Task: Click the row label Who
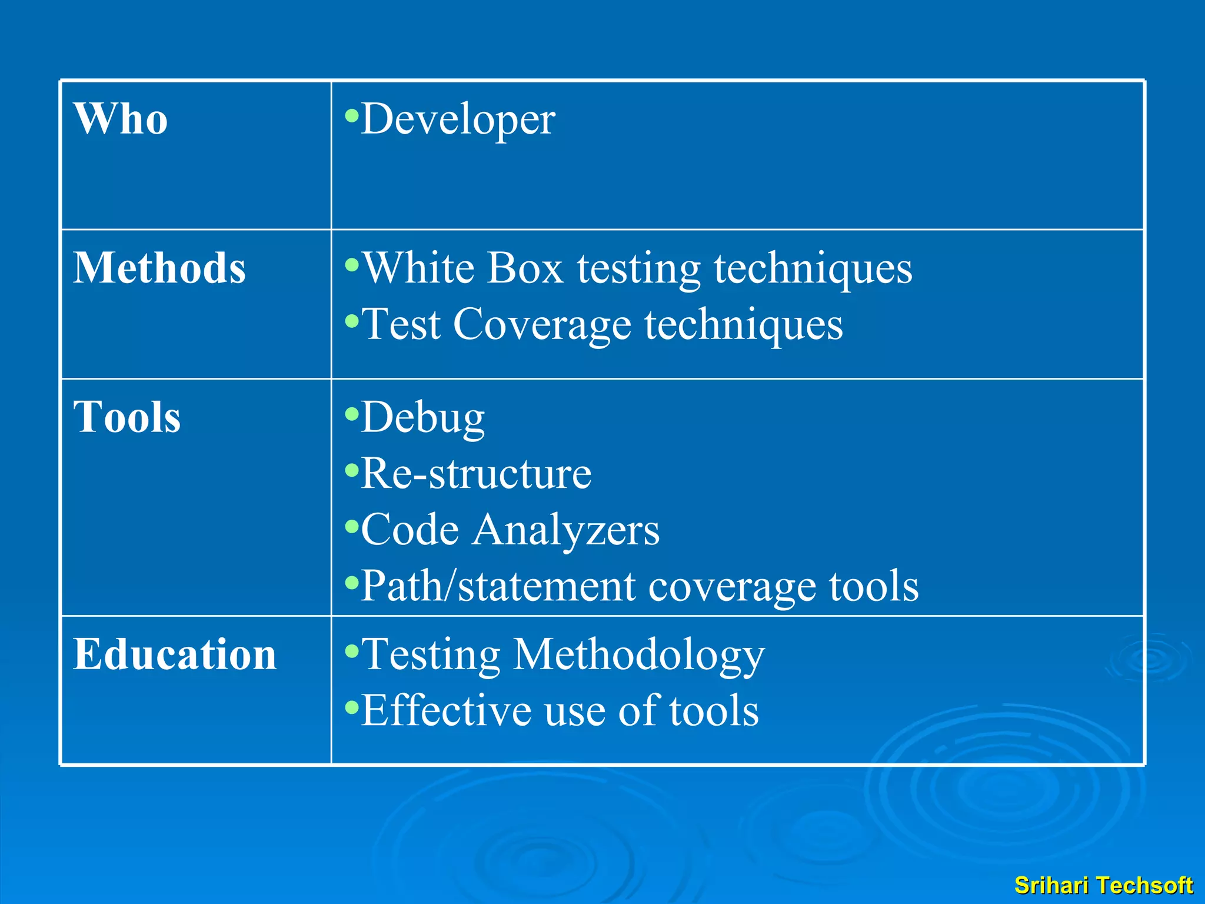tap(121, 119)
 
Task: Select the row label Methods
tap(159, 268)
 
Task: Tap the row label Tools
tap(127, 417)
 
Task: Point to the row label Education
tap(175, 654)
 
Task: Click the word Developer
tap(458, 119)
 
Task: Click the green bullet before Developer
tap(352, 115)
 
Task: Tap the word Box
tap(525, 268)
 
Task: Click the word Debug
tap(422, 417)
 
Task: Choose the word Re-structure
tap(475, 473)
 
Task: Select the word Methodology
tap(638, 654)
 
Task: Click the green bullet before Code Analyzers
tap(352, 526)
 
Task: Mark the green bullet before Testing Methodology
tap(352, 650)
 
